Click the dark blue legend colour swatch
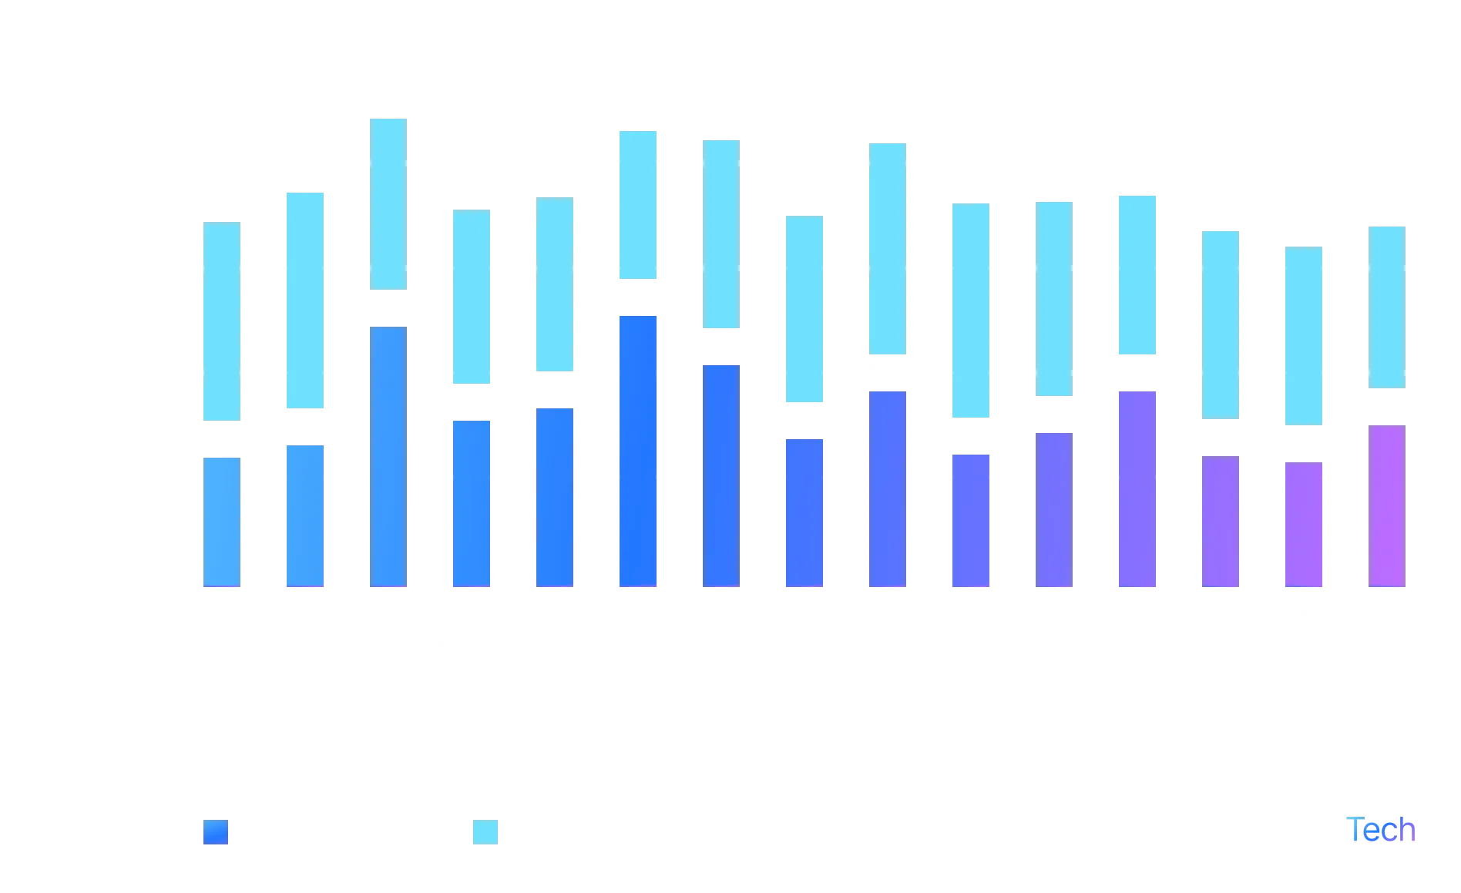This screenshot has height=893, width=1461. tap(217, 832)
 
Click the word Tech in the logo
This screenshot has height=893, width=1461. tap(1383, 830)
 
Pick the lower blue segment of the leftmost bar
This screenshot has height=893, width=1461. tap(222, 522)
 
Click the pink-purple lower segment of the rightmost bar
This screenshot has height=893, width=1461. tap(1387, 505)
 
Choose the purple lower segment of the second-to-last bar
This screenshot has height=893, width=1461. tap(1304, 524)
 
